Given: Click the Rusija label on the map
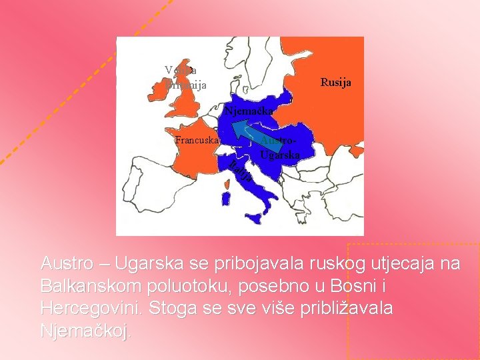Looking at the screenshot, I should pyautogui.click(x=335, y=83).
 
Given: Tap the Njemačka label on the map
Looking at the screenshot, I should pyautogui.click(x=248, y=111).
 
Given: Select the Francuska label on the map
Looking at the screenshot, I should pyautogui.click(x=196, y=140).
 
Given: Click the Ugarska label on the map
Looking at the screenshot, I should pyautogui.click(x=279, y=155).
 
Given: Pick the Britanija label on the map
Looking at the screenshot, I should pyautogui.click(x=186, y=85).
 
